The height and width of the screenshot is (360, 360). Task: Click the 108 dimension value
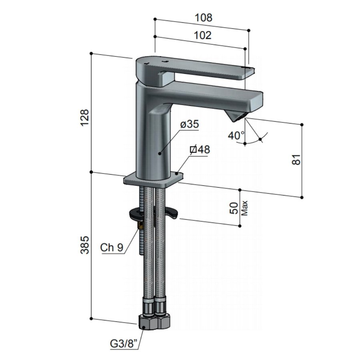click(x=203, y=18)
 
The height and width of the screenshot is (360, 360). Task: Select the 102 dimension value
click(x=202, y=35)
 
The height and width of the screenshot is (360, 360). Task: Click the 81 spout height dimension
click(x=296, y=159)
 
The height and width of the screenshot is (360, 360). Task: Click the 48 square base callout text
click(x=200, y=150)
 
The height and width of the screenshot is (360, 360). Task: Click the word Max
click(x=245, y=208)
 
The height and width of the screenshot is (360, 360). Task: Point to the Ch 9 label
click(x=112, y=248)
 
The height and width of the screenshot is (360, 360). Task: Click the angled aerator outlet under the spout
click(x=236, y=116)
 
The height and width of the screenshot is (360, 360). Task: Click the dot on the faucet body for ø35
click(x=160, y=153)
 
